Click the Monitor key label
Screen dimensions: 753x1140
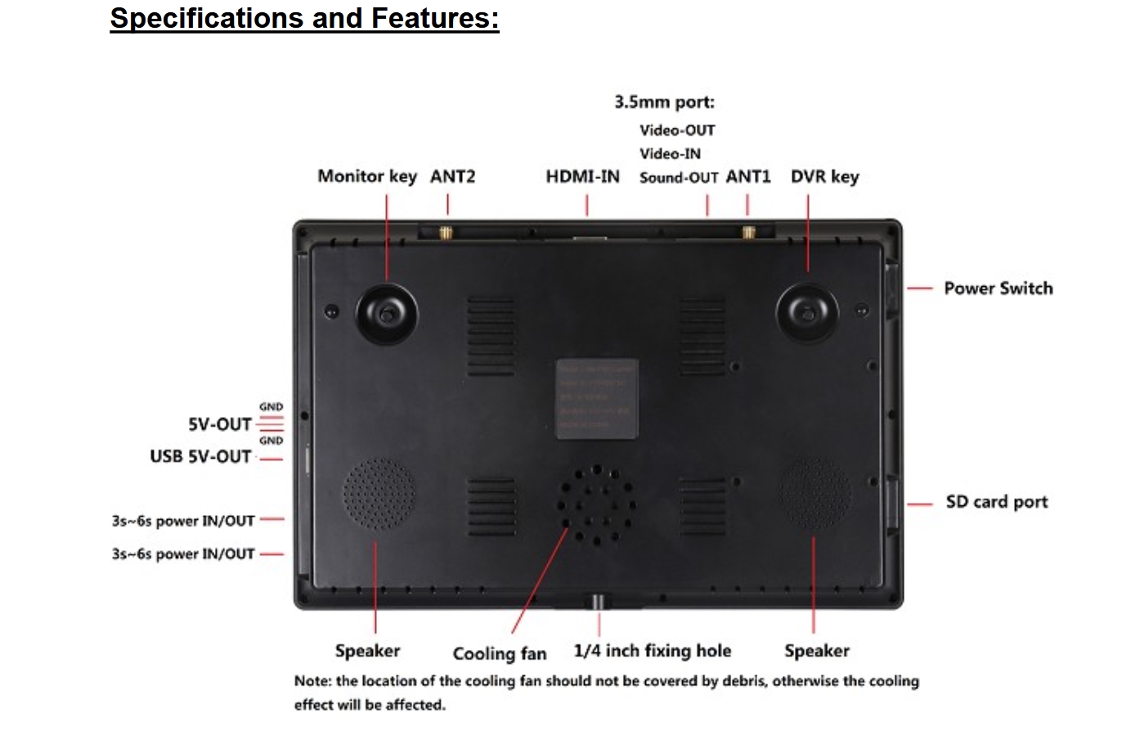(x=366, y=177)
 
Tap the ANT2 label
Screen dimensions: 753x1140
(x=452, y=177)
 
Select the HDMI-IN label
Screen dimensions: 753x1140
(x=582, y=177)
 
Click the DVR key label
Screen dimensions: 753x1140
(x=824, y=177)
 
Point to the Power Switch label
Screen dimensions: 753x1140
(x=998, y=289)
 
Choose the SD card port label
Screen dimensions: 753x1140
(x=996, y=502)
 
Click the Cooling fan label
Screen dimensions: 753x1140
(x=499, y=653)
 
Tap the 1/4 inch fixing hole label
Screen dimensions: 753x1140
(x=652, y=651)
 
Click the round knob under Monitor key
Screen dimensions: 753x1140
(x=387, y=314)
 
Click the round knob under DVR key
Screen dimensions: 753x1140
(x=807, y=314)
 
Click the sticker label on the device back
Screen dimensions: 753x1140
(x=597, y=398)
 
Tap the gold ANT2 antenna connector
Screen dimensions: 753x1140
(x=447, y=232)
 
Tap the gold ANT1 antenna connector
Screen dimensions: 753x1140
(x=747, y=232)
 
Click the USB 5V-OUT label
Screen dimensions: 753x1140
(x=200, y=457)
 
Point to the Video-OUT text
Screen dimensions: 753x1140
(x=677, y=131)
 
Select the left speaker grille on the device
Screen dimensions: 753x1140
(x=378, y=494)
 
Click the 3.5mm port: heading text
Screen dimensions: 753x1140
(x=664, y=103)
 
